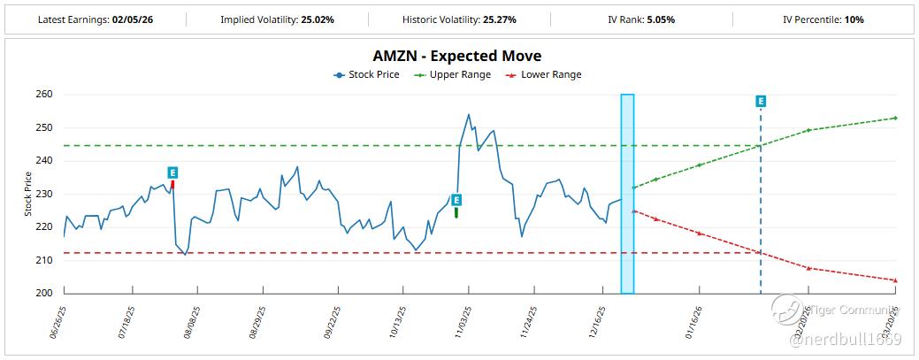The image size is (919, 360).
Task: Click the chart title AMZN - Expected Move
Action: pos(458,57)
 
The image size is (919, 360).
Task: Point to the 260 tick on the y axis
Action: pos(45,95)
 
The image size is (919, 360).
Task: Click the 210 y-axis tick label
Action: pos(45,260)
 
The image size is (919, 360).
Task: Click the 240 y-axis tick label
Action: pos(45,161)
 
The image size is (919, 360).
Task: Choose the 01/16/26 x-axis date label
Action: pos(692,323)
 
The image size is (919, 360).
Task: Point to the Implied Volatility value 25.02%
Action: pos(315,19)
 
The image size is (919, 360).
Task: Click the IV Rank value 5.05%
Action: pos(678,19)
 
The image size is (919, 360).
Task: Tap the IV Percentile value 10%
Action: pos(854,19)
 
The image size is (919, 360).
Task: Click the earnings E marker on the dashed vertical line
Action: pos(761,102)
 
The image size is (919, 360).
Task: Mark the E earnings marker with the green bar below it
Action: pos(456,200)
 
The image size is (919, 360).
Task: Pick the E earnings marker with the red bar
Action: pos(172,172)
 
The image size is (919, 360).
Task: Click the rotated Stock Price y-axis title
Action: pos(27,195)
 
